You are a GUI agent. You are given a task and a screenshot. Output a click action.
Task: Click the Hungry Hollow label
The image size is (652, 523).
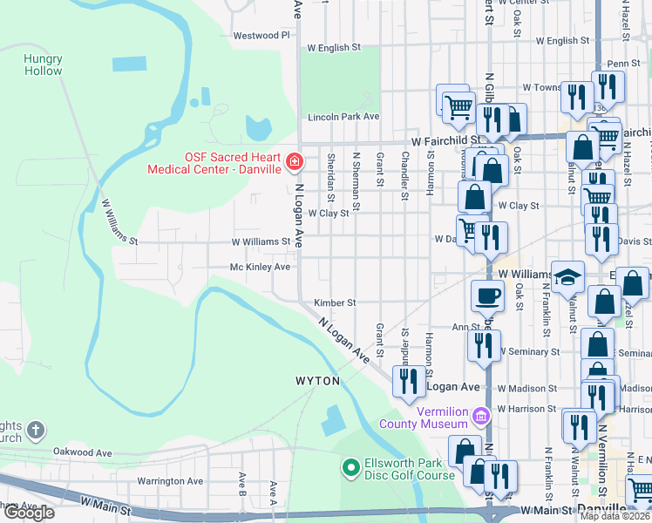[43, 65]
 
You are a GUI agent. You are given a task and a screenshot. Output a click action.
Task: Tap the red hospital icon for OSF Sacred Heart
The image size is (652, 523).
[295, 162]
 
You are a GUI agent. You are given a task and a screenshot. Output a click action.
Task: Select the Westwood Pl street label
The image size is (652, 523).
[261, 36]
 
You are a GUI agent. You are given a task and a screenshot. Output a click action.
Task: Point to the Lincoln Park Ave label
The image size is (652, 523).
[343, 117]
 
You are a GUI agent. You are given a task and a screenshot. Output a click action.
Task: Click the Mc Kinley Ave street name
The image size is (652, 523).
[260, 267]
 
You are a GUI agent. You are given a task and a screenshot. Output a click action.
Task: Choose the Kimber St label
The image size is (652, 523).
[335, 302]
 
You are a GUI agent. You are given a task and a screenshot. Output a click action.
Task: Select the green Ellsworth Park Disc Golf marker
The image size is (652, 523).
[350, 469]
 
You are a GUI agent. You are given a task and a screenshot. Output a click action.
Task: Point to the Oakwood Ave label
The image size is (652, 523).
[83, 452]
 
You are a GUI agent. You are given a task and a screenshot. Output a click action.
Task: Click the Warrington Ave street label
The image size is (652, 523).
[170, 480]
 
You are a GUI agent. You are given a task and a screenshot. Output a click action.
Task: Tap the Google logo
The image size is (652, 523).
[28, 513]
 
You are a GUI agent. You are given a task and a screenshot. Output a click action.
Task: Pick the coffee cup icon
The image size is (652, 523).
[487, 295]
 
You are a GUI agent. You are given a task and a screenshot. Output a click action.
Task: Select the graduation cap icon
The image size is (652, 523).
[567, 276]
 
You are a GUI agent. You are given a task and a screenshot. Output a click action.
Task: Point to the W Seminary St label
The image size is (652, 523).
[527, 351]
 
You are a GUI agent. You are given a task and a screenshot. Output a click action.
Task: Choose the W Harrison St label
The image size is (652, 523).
[526, 409]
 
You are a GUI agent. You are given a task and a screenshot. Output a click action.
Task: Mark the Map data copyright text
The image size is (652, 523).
[615, 516]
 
